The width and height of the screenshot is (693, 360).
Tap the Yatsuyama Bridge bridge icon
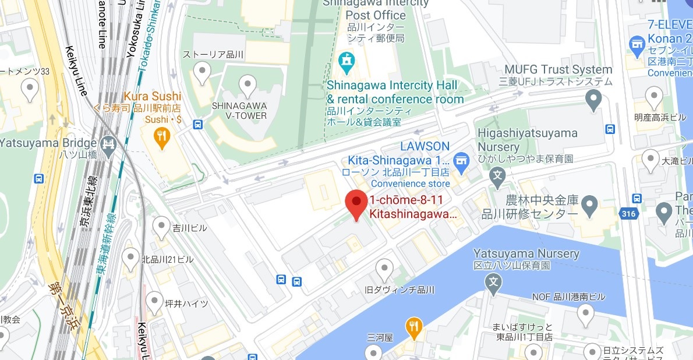point(108,143)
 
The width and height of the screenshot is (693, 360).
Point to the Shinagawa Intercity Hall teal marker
point(347,61)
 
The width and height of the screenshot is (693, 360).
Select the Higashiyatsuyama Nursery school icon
point(497,174)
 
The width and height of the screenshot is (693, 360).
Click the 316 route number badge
point(628,214)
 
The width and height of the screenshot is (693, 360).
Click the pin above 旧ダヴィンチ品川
point(384,269)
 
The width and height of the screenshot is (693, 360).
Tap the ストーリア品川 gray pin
point(202,73)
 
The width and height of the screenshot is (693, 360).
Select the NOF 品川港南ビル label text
point(568,297)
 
